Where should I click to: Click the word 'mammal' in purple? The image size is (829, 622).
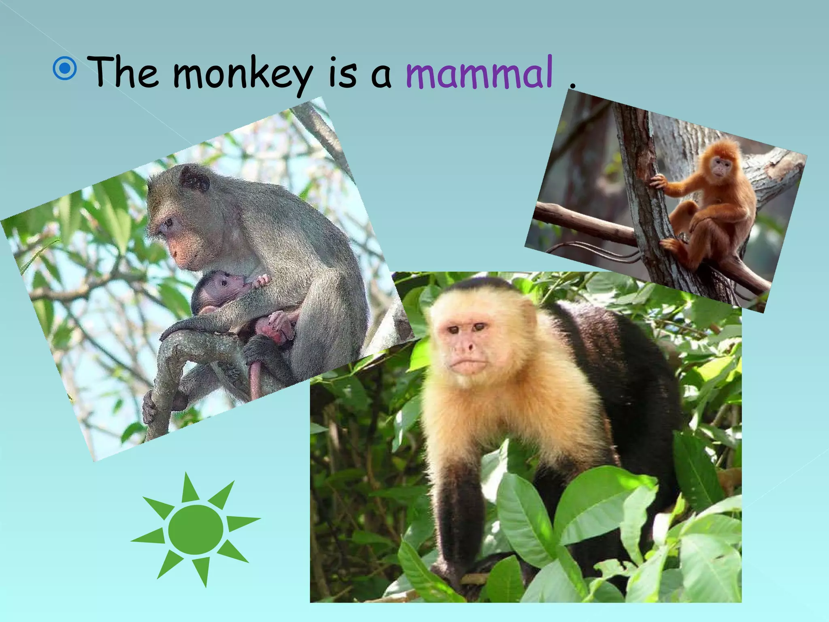[x=479, y=73]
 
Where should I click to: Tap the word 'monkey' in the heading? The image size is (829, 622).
[x=243, y=75]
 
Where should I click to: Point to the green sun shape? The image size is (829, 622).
[x=196, y=529]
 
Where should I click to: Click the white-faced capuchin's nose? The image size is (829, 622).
[x=468, y=346]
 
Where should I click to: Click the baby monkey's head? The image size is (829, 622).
[x=221, y=285]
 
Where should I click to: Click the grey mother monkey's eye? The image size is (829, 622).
[x=167, y=222]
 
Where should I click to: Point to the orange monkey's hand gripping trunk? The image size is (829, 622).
[x=659, y=182]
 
